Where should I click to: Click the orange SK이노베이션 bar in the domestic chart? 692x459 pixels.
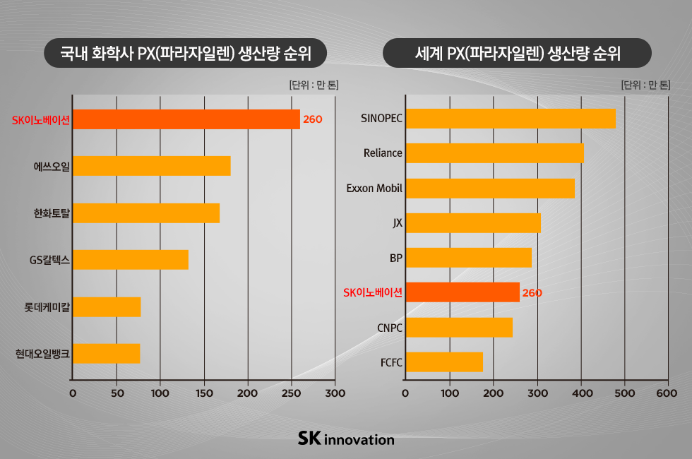[186, 119]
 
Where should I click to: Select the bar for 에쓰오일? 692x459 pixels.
[151, 166]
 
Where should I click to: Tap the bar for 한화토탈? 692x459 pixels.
[146, 213]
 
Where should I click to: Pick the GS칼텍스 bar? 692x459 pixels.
[131, 260]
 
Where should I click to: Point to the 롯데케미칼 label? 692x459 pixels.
[47, 307]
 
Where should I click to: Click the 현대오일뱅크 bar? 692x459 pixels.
[106, 353]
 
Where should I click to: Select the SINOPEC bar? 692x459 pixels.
[510, 119]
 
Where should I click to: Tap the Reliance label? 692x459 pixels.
[383, 153]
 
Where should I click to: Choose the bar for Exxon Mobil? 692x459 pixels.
[489, 189]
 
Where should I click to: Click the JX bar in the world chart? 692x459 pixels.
[472, 223]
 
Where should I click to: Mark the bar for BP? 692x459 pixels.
[468, 258]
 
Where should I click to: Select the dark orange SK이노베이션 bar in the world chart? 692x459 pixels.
[462, 292]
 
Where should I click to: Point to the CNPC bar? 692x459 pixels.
[458, 327]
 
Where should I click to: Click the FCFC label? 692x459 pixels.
[391, 362]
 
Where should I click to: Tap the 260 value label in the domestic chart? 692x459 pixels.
[312, 119]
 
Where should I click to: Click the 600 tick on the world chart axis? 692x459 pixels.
[667, 393]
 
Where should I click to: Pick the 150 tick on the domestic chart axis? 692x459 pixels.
[203, 393]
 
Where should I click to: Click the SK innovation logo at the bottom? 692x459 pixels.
[346, 439]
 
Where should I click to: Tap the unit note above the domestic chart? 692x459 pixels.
[314, 85]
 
